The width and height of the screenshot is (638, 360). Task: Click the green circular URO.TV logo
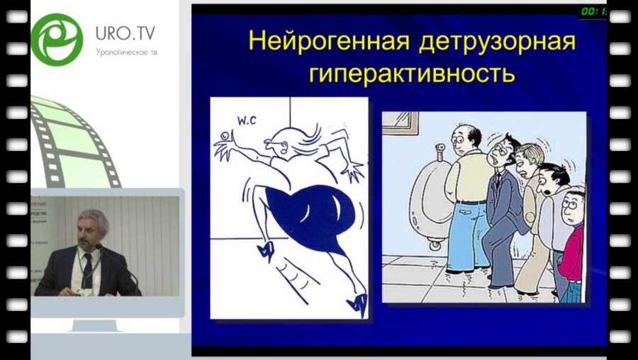coord(57,39)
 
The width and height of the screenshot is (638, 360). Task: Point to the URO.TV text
coord(125,33)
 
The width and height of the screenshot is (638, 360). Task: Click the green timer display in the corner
coord(592,11)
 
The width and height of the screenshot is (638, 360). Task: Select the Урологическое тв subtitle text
coord(125,52)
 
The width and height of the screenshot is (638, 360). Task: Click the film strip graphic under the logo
coord(74,142)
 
